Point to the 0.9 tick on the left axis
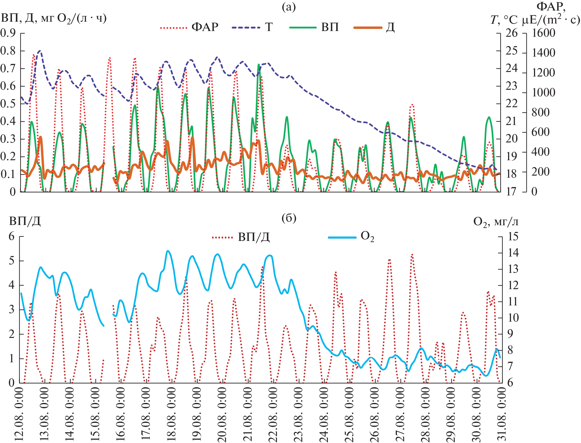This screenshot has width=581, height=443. pyautogui.click(x=8, y=33)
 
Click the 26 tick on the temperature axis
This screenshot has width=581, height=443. pyautogui.click(x=511, y=33)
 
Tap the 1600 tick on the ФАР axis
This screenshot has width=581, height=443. pyautogui.click(x=543, y=33)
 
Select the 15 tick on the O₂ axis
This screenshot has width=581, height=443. pyautogui.click(x=513, y=236)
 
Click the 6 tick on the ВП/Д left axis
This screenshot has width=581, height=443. pyautogui.click(x=12, y=236)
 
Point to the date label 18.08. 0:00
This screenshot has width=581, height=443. pyautogui.click(x=171, y=414)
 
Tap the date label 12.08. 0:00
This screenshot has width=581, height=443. pyautogui.click(x=19, y=414)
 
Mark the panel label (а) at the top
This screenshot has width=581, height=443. pyautogui.click(x=289, y=7)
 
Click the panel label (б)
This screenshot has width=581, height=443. pyautogui.click(x=289, y=218)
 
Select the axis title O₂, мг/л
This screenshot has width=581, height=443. pyautogui.click(x=496, y=222)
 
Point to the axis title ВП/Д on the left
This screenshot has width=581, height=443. pyautogui.click(x=25, y=221)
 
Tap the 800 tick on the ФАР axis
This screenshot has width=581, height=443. pyautogui.click(x=540, y=112)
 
